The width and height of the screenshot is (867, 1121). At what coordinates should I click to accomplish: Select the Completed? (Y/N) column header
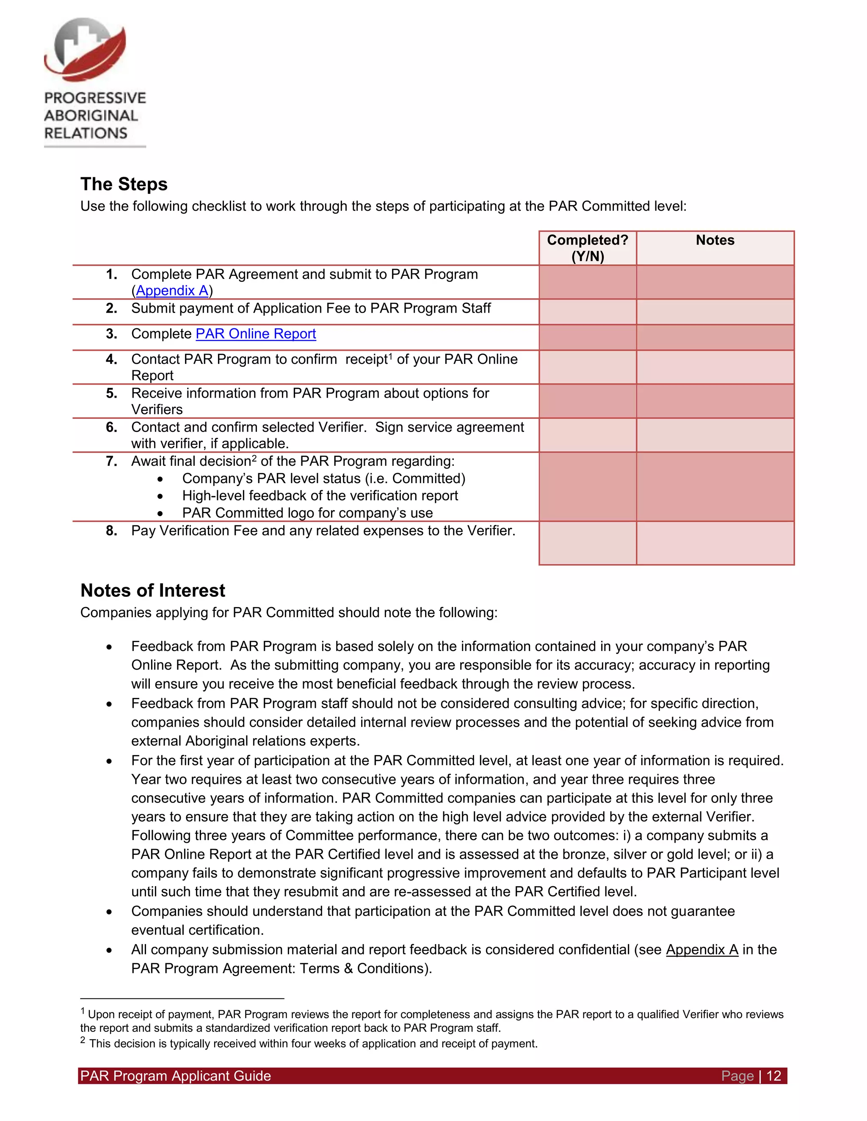(587, 248)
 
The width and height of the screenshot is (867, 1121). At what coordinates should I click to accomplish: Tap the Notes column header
(715, 240)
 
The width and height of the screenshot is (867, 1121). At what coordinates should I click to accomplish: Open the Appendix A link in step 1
(171, 291)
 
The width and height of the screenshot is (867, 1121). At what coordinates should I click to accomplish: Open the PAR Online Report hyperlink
(255, 334)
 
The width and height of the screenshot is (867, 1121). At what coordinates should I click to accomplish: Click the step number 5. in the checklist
(111, 393)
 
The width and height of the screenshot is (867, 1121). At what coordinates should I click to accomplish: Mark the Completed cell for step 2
(587, 312)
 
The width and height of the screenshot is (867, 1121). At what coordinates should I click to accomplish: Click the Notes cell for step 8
(715, 543)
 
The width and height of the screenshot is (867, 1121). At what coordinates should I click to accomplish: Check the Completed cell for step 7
(587, 486)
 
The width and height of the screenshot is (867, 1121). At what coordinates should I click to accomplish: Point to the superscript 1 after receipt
(390, 355)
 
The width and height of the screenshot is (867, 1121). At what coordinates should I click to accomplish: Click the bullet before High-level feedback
(160, 496)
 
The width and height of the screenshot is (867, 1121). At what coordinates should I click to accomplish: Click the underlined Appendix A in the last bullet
(701, 950)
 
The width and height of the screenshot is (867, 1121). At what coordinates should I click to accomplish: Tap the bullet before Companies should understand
(109, 912)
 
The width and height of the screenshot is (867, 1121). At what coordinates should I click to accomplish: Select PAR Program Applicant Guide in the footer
(175, 1076)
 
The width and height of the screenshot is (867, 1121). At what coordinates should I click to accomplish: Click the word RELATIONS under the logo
(86, 133)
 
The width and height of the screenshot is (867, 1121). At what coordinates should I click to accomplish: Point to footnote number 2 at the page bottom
(83, 1040)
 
